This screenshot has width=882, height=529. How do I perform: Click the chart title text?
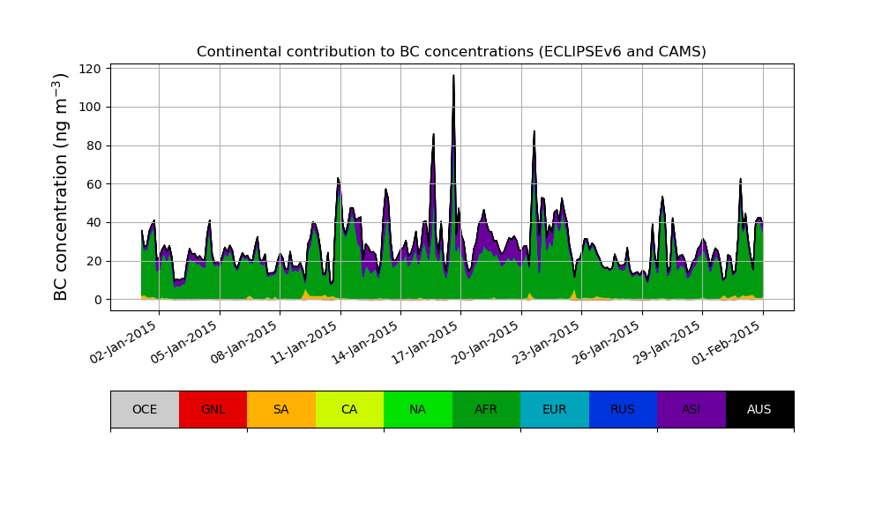pyautogui.click(x=451, y=52)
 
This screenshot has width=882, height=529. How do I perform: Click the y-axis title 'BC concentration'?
pyautogui.click(x=61, y=187)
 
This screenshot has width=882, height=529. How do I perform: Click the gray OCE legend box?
pyautogui.click(x=145, y=409)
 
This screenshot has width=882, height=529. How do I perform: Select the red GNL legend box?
pyautogui.click(x=213, y=409)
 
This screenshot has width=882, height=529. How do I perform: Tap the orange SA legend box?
pyautogui.click(x=281, y=409)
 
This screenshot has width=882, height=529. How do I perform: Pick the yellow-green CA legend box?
pyautogui.click(x=349, y=409)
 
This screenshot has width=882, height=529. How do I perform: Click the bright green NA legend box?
pyautogui.click(x=418, y=409)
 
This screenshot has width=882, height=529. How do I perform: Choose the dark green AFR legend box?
pyautogui.click(x=486, y=409)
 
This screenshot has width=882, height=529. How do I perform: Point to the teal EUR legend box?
pyautogui.click(x=555, y=409)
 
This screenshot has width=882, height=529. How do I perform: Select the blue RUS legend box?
pyautogui.click(x=623, y=409)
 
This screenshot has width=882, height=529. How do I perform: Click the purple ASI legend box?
pyautogui.click(x=691, y=409)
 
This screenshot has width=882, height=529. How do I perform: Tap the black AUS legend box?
pyautogui.click(x=759, y=409)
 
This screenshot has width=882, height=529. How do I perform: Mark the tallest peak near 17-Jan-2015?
pyautogui.click(x=453, y=77)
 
